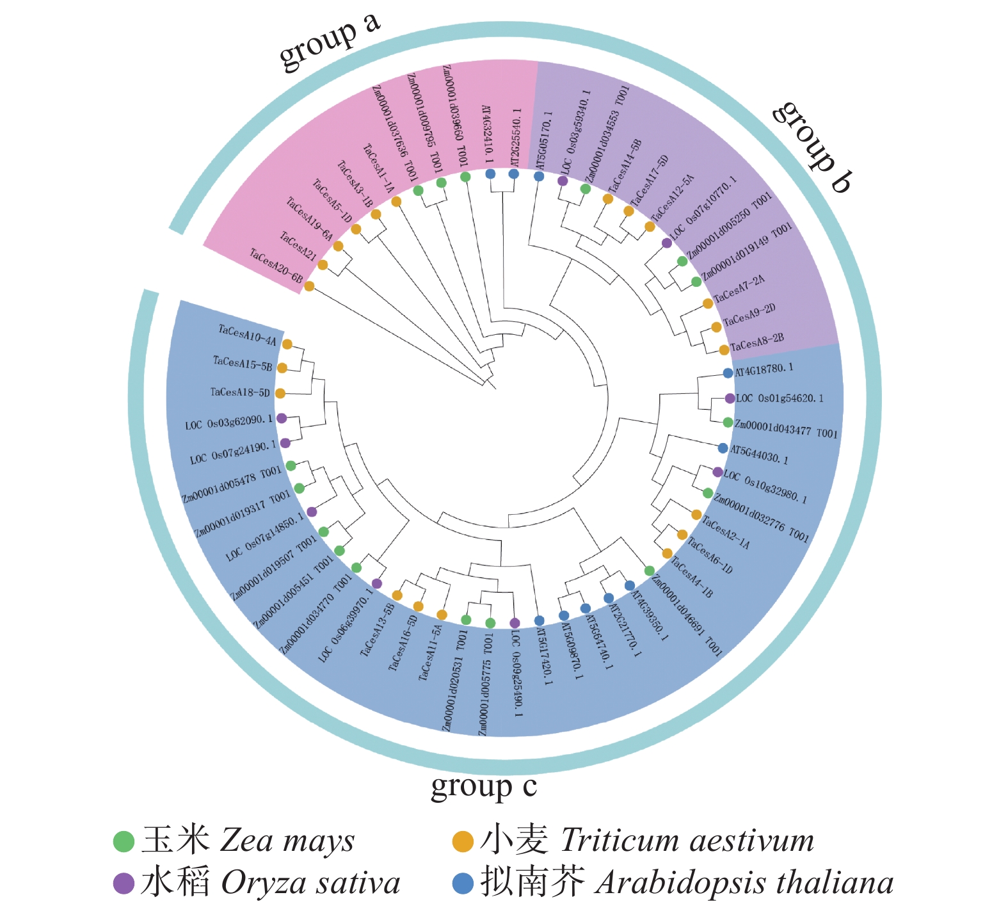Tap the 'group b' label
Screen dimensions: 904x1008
click(x=812, y=146)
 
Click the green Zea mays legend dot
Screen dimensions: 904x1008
click(x=124, y=841)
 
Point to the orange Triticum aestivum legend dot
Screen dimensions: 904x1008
click(x=463, y=841)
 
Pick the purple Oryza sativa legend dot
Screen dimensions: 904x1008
click(x=124, y=884)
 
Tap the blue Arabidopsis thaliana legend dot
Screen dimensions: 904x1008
click(x=463, y=884)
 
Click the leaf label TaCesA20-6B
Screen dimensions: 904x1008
click(x=276, y=266)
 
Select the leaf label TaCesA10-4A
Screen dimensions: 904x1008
click(x=247, y=335)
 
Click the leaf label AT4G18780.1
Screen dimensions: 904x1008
click(x=764, y=369)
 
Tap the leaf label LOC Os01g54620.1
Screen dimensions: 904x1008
click(x=780, y=398)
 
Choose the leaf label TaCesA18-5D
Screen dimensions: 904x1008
click(x=240, y=392)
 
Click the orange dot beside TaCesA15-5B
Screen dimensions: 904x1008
click(x=282, y=367)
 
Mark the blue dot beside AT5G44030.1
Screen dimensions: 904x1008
click(x=723, y=448)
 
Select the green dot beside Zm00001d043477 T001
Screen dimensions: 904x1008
click(x=728, y=423)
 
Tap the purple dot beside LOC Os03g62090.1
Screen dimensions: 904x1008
click(x=282, y=417)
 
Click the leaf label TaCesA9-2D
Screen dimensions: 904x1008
click(x=749, y=314)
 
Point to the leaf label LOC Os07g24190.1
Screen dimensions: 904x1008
click(x=233, y=452)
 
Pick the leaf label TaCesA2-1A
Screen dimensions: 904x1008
click(x=725, y=533)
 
